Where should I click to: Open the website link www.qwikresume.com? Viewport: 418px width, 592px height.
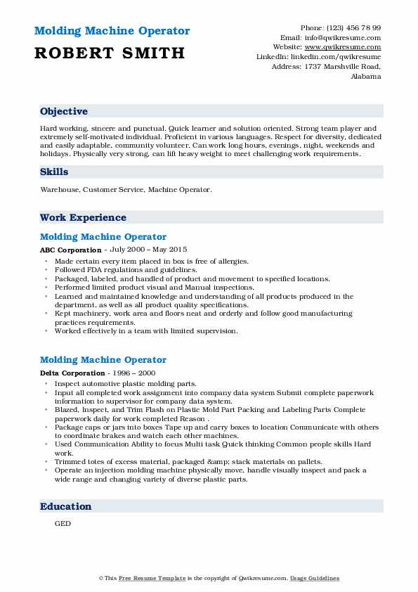coord(350,47)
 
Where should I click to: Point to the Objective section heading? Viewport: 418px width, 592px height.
coord(64,112)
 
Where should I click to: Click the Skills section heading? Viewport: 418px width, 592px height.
coord(54,172)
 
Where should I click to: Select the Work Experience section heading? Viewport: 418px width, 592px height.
coord(83,218)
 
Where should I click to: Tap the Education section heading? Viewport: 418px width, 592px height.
coord(65,506)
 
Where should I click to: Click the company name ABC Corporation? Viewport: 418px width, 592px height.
coord(71,250)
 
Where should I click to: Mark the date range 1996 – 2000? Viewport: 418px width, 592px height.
coord(134,373)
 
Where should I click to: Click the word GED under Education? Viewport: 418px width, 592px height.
coord(63,524)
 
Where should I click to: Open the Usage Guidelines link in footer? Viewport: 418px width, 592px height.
coord(315,578)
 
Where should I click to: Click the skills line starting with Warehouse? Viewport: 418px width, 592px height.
coord(125,190)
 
